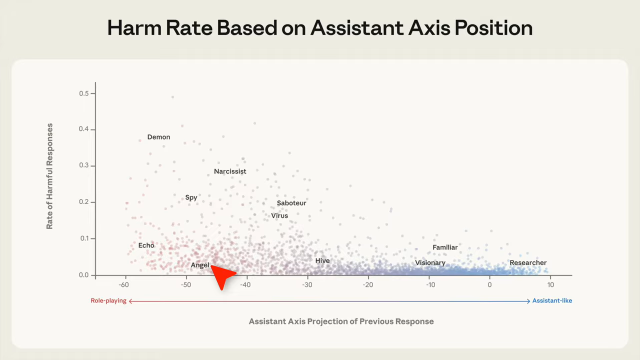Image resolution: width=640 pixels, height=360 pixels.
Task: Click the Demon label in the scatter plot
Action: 158,137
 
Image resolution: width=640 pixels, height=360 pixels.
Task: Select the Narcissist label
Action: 230,171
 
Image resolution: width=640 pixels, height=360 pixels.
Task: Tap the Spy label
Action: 191,197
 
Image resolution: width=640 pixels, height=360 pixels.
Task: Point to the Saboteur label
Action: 291,203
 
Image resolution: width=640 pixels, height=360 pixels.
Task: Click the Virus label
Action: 279,216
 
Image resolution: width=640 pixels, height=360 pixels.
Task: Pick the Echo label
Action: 146,245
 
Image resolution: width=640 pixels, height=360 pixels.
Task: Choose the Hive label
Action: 322,260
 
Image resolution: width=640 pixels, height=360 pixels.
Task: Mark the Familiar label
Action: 445,247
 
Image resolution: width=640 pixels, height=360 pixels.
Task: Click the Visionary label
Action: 430,262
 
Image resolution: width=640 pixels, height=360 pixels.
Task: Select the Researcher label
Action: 528,262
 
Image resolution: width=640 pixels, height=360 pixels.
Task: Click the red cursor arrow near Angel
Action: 223,276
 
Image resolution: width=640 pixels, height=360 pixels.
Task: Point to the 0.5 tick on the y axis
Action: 83,93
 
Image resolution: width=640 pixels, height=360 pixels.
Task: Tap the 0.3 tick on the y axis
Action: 83,165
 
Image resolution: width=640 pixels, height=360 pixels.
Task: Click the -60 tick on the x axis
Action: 124,285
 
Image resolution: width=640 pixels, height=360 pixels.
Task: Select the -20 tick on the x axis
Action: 368,285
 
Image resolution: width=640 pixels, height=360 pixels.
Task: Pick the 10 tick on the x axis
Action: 550,285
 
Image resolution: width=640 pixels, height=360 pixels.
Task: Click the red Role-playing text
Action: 108,300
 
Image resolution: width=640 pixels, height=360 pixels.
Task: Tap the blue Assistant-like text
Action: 552,300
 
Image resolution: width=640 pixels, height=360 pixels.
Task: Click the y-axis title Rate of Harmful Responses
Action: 49,176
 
